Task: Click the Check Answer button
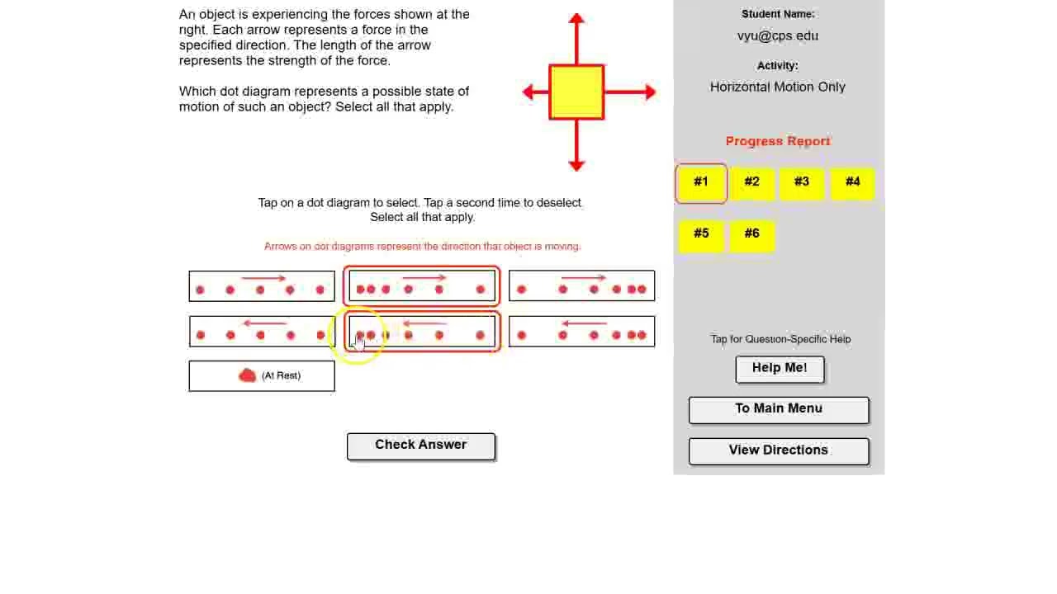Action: [421, 446]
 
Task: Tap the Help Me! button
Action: [780, 369]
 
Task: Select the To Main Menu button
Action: [779, 410]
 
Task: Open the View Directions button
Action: [779, 451]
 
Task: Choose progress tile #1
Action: [701, 183]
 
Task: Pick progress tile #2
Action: [751, 183]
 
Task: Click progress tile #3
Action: [802, 183]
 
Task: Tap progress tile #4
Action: [852, 183]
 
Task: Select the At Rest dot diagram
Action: [262, 375]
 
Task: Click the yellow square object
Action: [576, 92]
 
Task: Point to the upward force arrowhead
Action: [576, 18]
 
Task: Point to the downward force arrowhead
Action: [576, 166]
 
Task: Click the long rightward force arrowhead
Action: [651, 92]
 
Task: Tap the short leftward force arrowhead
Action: [528, 92]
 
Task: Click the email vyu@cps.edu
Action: [778, 35]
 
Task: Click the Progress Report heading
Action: [778, 141]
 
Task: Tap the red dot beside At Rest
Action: [247, 375]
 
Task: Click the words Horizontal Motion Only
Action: [778, 87]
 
